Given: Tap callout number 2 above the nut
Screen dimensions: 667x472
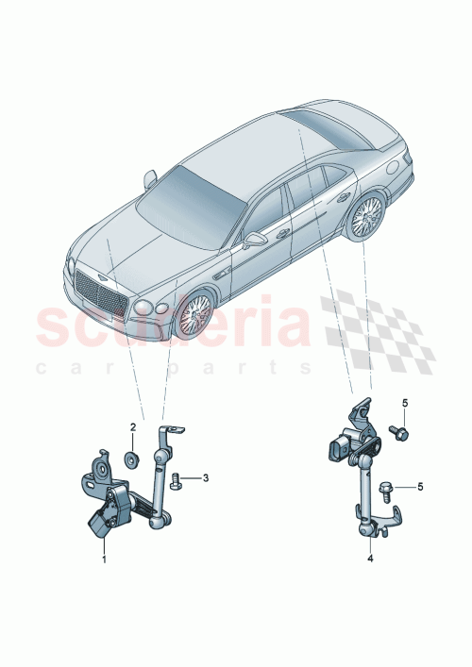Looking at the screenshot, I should (x=133, y=427).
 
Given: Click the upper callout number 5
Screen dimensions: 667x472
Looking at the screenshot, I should (x=404, y=404).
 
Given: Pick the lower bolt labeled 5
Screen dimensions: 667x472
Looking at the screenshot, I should (x=387, y=488).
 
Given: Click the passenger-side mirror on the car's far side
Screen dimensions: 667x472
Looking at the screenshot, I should (x=151, y=177).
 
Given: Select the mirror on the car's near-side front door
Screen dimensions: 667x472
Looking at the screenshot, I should (x=253, y=241).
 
